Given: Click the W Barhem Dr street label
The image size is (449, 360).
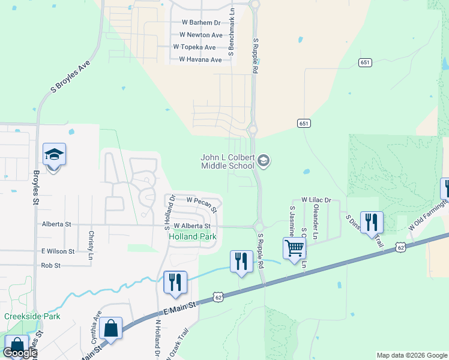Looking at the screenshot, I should point(201,23).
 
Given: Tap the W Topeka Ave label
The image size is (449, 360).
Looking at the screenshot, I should point(194,47).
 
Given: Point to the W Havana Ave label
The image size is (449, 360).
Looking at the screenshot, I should point(200,60).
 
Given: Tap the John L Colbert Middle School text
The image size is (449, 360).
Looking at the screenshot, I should point(228,161).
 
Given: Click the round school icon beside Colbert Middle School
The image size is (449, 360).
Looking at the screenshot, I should point(264,161).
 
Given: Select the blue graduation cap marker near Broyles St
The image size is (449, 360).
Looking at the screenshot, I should point(54,155).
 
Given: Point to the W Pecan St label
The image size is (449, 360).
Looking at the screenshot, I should point(201,200).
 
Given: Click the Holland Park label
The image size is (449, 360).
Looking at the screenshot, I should point(192,236).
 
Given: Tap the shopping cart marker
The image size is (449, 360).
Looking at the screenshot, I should point(294,247).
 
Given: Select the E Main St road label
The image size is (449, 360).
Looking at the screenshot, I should point(180,308).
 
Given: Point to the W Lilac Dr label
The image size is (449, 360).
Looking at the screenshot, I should point(312,199).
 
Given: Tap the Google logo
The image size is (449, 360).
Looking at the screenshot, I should point(20,353).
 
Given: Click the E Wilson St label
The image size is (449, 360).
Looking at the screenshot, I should point(58,251).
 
